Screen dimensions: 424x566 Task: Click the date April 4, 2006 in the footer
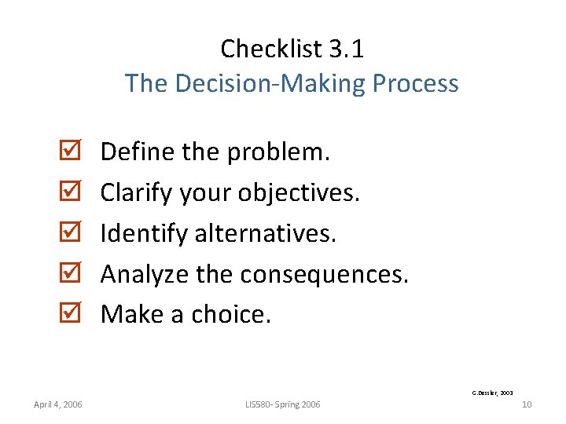[58, 404]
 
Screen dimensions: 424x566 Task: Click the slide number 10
[527, 404]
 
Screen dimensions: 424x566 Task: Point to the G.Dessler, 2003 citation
[492, 391]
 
